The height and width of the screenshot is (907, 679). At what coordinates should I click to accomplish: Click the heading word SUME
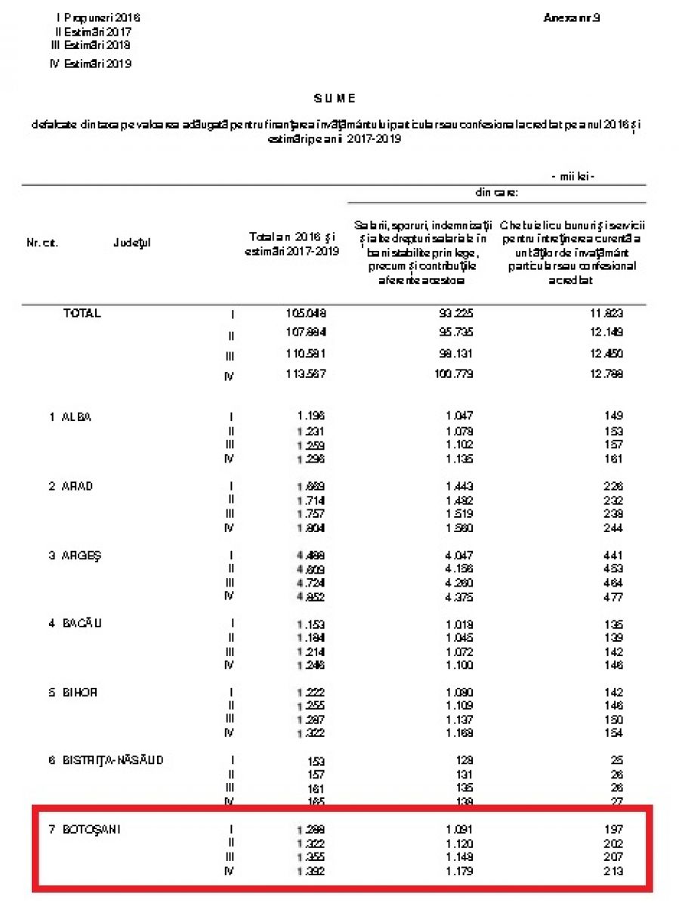point(335,98)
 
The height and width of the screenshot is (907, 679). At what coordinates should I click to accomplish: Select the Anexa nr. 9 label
point(571,17)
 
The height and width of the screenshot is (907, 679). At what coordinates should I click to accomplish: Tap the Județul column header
point(132,243)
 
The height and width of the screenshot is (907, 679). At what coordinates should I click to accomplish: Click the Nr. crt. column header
point(42,243)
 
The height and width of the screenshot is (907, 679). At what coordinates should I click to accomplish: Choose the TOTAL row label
point(82,314)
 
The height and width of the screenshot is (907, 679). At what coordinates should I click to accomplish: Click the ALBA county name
point(76,416)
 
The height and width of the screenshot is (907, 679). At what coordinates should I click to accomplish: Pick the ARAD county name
point(77,486)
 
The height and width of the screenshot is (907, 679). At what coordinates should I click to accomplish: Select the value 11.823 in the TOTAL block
point(607,314)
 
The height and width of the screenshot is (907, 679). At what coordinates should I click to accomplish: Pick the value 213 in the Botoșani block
point(613,871)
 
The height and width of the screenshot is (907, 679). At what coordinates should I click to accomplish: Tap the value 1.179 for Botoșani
point(459,871)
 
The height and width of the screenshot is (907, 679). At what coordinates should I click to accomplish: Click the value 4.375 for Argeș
point(459,597)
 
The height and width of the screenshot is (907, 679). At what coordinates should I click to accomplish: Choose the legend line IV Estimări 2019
point(90,64)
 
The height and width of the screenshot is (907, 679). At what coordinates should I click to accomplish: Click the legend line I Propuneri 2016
point(98,17)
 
